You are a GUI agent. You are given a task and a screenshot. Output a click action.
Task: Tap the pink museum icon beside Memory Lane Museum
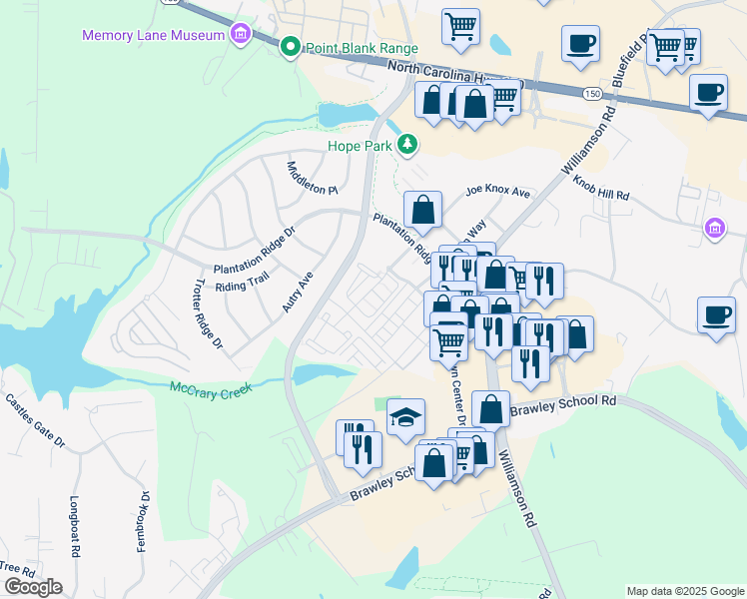[239, 36]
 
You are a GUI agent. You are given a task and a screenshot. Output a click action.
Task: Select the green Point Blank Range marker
[291, 46]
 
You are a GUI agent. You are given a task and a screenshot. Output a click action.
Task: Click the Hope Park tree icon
[407, 146]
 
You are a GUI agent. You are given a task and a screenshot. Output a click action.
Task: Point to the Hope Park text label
[362, 146]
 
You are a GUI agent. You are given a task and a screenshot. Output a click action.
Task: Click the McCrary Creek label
[211, 387]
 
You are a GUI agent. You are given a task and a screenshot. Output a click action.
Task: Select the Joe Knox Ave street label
[496, 191]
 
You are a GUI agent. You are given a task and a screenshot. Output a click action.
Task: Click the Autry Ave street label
[298, 292]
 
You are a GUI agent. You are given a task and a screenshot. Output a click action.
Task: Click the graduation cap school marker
[405, 417]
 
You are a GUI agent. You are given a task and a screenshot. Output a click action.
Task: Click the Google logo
[33, 587]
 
